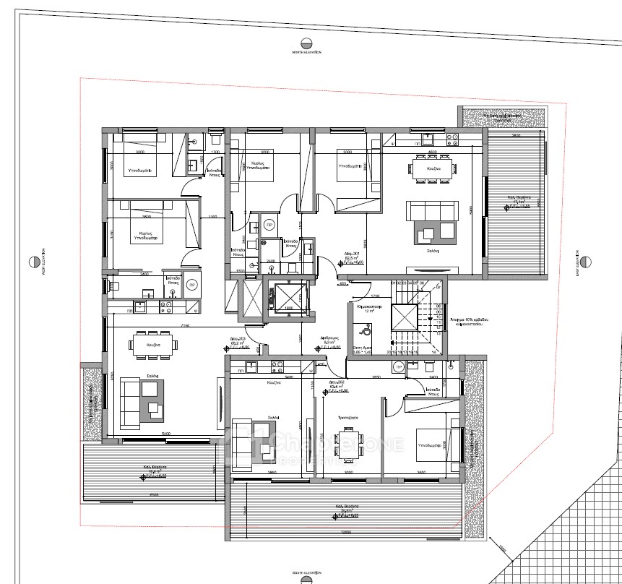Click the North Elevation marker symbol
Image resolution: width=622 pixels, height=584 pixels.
(306, 42)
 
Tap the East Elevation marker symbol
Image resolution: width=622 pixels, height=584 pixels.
(584, 260)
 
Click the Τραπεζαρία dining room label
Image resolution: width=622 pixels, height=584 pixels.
(348, 418)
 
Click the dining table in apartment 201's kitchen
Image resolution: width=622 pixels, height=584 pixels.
(433, 168)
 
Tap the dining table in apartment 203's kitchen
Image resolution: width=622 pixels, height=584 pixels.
(152, 344)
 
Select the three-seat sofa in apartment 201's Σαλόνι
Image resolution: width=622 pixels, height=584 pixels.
(431, 210)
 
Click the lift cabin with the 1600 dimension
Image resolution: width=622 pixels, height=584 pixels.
(288, 298)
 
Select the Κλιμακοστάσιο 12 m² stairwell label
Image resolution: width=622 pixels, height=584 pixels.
(369, 309)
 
